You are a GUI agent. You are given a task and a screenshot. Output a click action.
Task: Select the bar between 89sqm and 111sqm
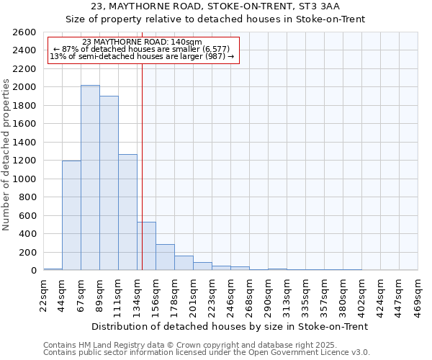click(109, 183)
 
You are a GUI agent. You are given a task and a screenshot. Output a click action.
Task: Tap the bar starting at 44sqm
click(71, 215)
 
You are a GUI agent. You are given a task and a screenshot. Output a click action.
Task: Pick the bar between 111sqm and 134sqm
click(127, 212)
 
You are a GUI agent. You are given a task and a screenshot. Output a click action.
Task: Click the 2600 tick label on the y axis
click(24, 32)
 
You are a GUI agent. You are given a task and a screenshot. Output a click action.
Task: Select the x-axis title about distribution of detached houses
click(230, 326)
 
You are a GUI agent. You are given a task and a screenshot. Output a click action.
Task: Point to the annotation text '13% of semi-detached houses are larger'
click(142, 57)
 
